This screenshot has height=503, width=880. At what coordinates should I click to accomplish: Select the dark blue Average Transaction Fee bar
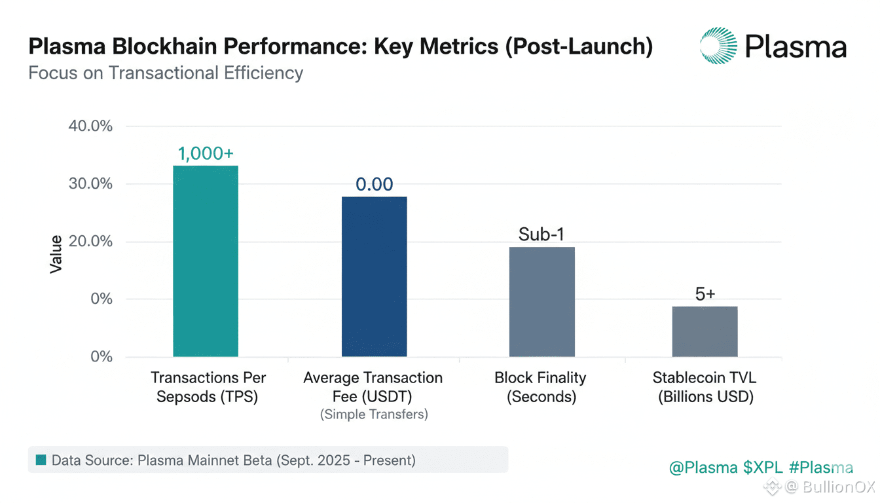tap(374, 276)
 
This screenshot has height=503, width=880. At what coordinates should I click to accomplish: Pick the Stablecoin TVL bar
tap(705, 331)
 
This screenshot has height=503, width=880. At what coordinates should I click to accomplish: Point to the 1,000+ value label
tap(206, 154)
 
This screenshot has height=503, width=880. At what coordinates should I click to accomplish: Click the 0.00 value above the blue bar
tap(374, 185)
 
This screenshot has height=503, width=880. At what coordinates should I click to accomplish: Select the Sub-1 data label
tap(541, 234)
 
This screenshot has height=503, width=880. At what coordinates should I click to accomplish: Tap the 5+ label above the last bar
tap(705, 295)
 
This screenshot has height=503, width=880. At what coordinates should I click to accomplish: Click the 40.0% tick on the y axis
tap(90, 126)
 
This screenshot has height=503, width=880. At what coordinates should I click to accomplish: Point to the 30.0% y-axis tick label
tap(90, 184)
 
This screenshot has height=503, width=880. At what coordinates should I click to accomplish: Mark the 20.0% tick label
tap(90, 242)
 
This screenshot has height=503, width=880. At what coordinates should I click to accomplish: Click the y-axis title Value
tap(56, 254)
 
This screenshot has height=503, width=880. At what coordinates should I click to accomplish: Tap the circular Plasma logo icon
tap(718, 45)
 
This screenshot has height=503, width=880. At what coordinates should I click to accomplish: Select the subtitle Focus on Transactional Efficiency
tap(166, 72)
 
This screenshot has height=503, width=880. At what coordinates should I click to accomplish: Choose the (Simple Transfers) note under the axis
tap(373, 415)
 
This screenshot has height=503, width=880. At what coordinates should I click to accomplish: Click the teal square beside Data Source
tap(41, 460)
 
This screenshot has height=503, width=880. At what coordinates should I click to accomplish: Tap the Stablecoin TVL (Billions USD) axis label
tap(705, 387)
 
